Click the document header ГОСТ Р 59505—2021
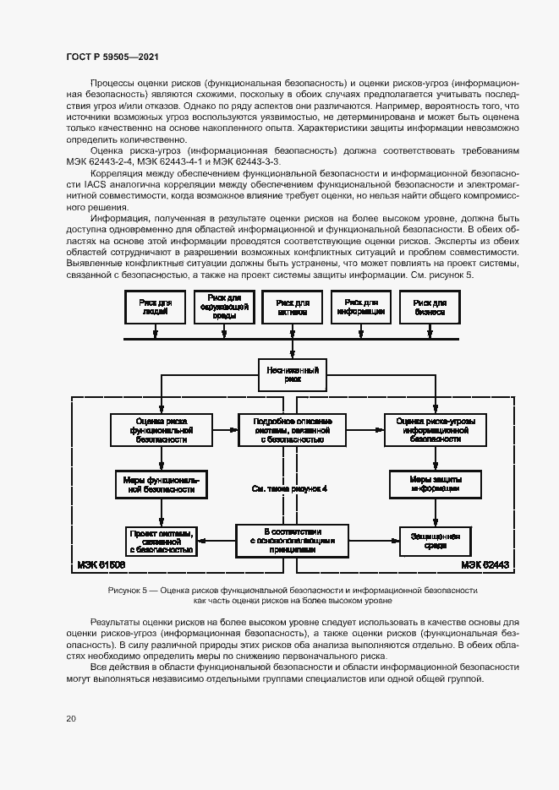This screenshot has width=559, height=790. click(x=112, y=56)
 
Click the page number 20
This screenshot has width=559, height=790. click(x=72, y=717)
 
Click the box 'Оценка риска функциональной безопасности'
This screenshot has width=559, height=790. click(x=161, y=429)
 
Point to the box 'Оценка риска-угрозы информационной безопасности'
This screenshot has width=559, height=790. click(x=435, y=429)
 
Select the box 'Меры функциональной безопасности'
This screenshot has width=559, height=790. click(x=161, y=483)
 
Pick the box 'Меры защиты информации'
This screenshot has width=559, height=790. click(x=435, y=483)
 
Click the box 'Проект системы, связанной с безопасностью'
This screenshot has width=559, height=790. click(x=161, y=541)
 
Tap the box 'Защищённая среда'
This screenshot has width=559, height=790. click(x=435, y=541)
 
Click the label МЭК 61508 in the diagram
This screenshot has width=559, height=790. click(x=98, y=564)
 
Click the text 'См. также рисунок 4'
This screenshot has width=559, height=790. click(x=291, y=488)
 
